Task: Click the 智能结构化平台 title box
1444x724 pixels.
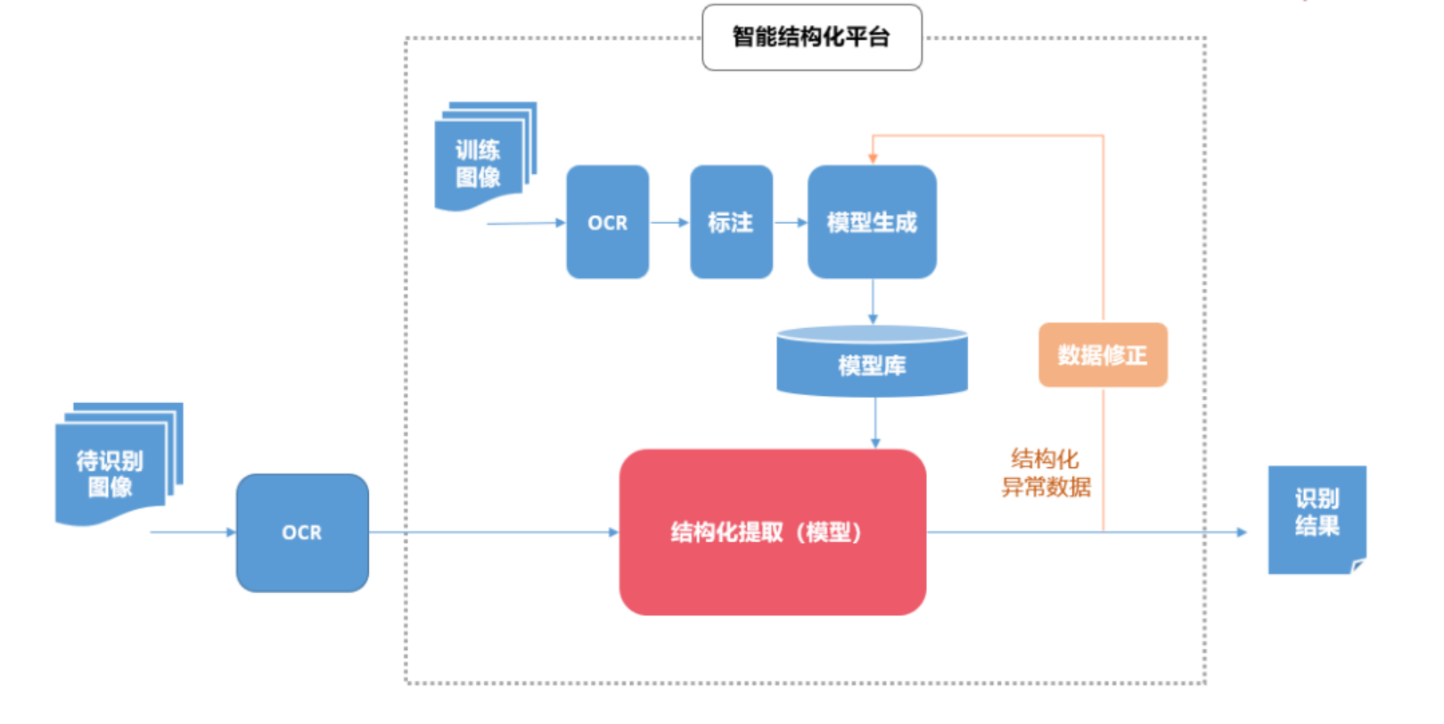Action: point(811,37)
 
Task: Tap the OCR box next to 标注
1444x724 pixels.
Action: point(607,222)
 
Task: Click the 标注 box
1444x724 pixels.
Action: point(731,222)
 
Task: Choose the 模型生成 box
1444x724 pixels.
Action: point(872,222)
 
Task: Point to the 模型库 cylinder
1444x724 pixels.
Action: point(872,361)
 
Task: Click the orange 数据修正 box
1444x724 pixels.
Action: point(1103,355)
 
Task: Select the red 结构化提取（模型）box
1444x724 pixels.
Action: point(772,532)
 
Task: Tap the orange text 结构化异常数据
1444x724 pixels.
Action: point(1046,473)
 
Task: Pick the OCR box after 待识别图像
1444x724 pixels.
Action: point(302,532)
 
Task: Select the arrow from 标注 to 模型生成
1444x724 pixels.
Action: point(790,222)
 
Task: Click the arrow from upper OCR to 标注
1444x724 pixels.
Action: point(669,222)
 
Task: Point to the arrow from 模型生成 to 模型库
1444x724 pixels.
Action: point(873,301)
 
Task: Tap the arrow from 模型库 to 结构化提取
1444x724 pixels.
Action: point(875,423)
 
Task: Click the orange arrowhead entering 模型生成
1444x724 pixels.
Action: point(873,158)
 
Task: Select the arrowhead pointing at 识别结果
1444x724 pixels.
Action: point(1242,532)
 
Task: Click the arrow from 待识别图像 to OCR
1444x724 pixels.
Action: point(193,532)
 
